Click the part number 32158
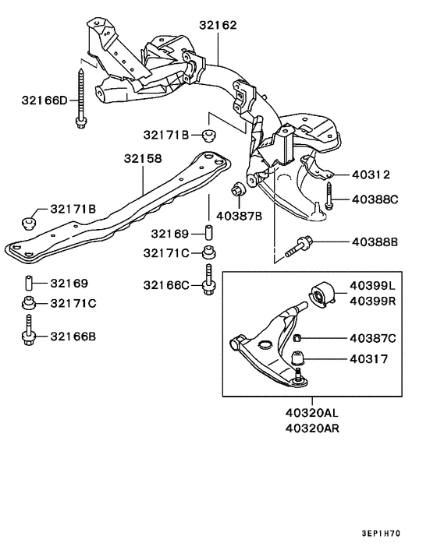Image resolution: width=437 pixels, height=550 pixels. [142, 159]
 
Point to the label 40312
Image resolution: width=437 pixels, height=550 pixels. [370, 175]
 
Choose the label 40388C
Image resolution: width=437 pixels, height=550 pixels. [374, 199]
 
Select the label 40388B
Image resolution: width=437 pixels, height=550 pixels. [374, 242]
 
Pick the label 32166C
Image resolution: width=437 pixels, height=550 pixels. [165, 285]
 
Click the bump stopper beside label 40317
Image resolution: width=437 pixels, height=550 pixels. [298, 360]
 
